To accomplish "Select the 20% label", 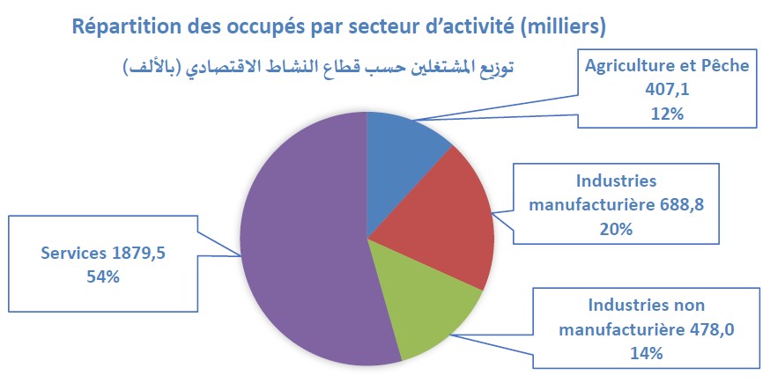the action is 616,229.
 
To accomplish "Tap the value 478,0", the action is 712,329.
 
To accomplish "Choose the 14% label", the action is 647,354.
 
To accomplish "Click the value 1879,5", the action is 139,253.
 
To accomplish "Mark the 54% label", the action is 103,277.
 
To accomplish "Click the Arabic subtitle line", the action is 318,66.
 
